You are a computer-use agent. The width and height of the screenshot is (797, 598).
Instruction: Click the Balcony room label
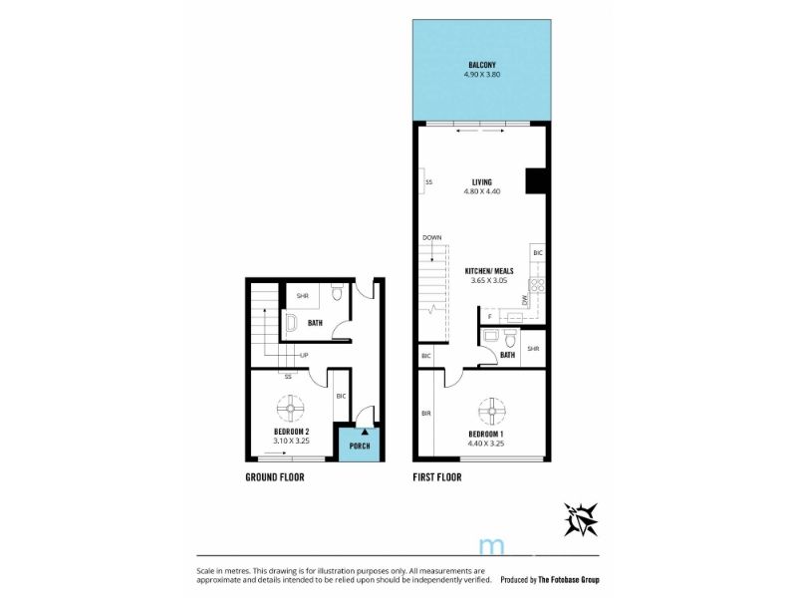pyautogui.click(x=482, y=65)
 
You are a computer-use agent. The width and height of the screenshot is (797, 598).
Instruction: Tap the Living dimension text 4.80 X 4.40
pyautogui.click(x=482, y=191)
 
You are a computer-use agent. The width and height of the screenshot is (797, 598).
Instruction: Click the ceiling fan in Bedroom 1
pyautogui.click(x=492, y=412)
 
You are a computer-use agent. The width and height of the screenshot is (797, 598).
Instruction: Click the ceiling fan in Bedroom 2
pyautogui.click(x=291, y=409)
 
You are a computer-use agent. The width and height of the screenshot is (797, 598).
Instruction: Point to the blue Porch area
pyautogui.click(x=360, y=445)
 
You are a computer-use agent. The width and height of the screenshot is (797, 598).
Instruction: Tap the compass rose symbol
pyautogui.click(x=581, y=519)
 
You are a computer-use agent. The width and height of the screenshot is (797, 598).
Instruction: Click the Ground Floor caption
pyautogui.click(x=275, y=477)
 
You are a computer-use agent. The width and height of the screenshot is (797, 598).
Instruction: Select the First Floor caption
pyautogui.click(x=437, y=477)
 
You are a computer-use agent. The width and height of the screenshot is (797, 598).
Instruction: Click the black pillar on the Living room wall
pyautogui.click(x=536, y=181)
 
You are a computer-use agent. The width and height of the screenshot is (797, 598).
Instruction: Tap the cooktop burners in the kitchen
pyautogui.click(x=537, y=285)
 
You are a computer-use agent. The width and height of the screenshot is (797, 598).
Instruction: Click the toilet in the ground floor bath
pyautogui.click(x=337, y=292)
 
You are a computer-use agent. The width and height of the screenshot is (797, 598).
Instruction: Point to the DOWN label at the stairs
pyautogui.click(x=432, y=237)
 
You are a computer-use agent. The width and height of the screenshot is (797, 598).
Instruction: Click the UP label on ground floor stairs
pyautogui.click(x=304, y=355)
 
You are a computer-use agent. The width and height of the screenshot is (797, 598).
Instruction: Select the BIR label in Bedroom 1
pyautogui.click(x=426, y=414)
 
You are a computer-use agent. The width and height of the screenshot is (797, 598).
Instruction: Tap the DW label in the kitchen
pyautogui.click(x=525, y=301)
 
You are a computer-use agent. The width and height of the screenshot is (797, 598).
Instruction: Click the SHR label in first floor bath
pyautogui.click(x=533, y=349)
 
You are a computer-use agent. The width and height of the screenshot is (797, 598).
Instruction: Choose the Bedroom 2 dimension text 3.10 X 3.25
pyautogui.click(x=291, y=441)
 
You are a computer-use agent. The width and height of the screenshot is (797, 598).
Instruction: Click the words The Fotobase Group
pyautogui.click(x=569, y=579)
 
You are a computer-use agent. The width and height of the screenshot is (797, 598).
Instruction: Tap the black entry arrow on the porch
pyautogui.click(x=365, y=432)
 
